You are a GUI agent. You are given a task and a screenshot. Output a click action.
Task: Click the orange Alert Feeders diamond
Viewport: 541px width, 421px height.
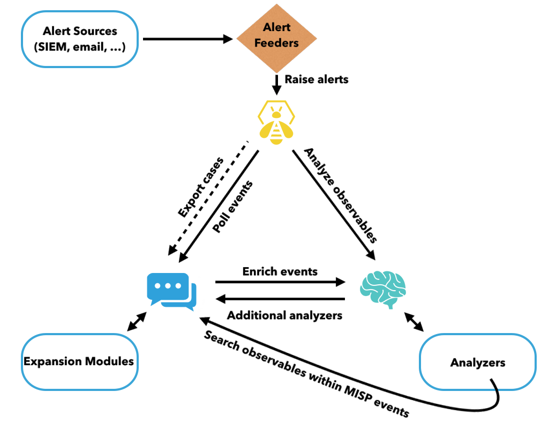point(276,38)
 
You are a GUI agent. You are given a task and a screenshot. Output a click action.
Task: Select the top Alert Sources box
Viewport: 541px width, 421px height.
point(80,38)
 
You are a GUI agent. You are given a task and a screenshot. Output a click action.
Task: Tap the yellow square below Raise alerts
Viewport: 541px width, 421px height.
point(276,121)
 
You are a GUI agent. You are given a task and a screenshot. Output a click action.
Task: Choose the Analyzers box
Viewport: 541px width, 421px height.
point(477,362)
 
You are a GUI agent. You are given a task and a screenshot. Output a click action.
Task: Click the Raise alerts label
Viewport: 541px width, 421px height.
point(316,79)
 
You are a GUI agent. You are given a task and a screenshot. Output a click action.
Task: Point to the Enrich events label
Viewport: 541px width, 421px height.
point(280,271)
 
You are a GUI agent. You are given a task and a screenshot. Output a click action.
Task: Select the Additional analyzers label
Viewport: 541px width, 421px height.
point(285,315)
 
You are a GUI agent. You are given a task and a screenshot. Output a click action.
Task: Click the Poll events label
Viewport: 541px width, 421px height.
point(232,207)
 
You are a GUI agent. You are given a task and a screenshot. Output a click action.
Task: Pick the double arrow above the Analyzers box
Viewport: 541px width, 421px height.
point(414,322)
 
